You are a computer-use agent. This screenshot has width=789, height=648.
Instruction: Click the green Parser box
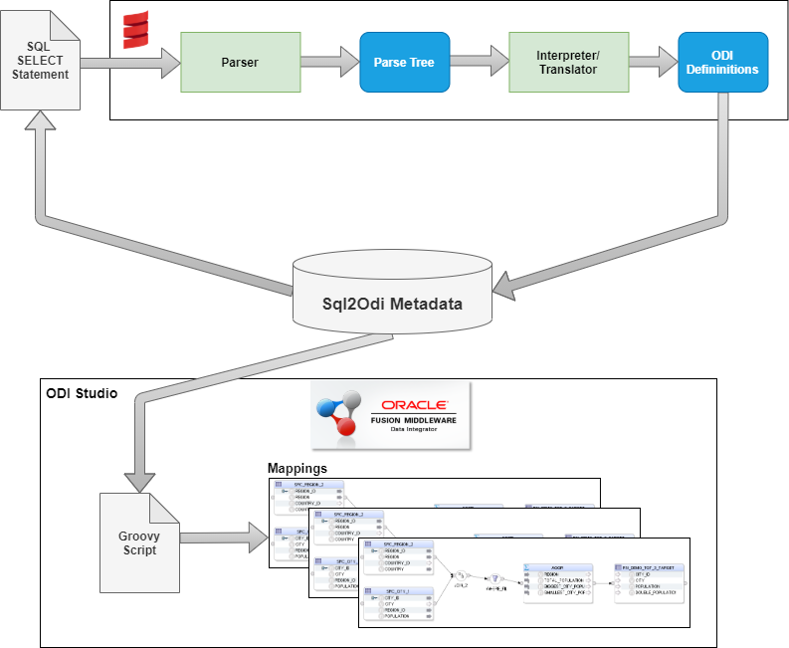240,62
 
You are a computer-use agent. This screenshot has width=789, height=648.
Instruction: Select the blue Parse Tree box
404,62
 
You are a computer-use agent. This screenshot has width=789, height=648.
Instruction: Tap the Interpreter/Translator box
568,62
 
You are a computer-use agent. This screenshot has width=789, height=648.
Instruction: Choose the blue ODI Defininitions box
722,62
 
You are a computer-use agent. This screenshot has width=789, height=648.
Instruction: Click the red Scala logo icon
134,32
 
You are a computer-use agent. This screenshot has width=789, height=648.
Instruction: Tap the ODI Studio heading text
82,393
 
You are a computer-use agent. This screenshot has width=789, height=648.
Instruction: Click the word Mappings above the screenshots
298,467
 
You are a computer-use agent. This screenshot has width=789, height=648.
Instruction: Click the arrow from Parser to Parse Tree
328,62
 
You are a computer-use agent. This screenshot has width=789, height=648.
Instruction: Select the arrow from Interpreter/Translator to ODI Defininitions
653,62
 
